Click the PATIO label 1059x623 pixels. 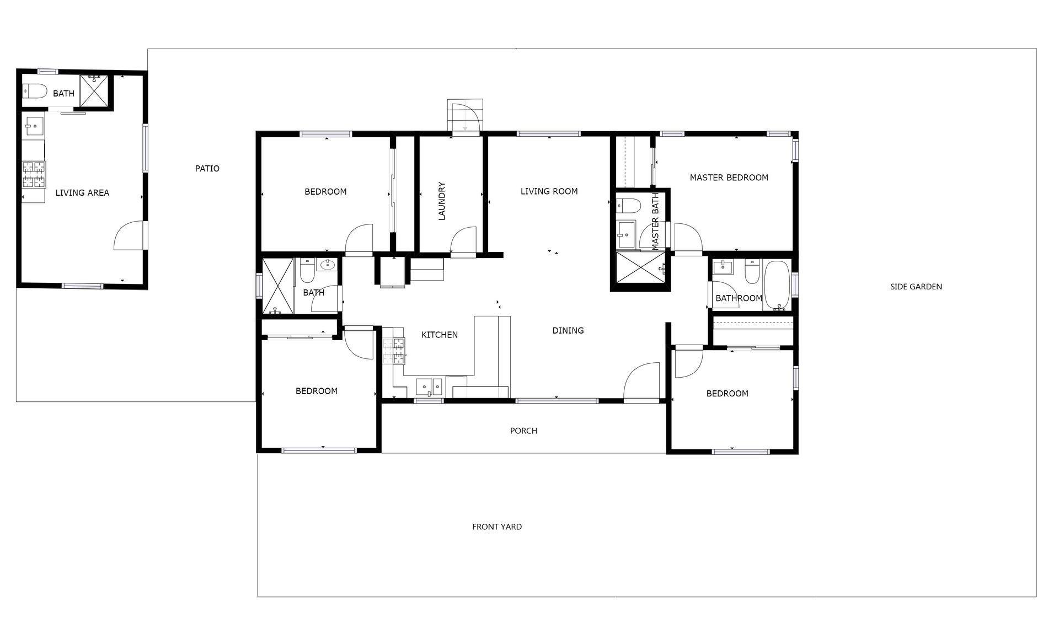click(207, 169)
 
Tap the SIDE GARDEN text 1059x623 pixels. click(916, 287)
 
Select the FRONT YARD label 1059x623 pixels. click(497, 527)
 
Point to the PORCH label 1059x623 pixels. click(523, 431)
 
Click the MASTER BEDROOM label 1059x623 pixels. click(729, 178)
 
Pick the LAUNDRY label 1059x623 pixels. click(441, 201)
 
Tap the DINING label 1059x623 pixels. click(568, 331)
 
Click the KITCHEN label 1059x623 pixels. click(440, 335)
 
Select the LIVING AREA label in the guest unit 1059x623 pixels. click(82, 193)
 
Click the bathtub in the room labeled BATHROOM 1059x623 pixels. click(777, 286)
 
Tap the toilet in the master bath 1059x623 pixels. click(628, 206)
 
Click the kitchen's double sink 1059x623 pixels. click(429, 386)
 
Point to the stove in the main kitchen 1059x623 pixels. click(394, 351)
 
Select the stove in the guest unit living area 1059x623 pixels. click(34, 174)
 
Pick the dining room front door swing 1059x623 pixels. click(641, 380)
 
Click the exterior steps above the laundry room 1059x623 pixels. click(464, 116)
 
